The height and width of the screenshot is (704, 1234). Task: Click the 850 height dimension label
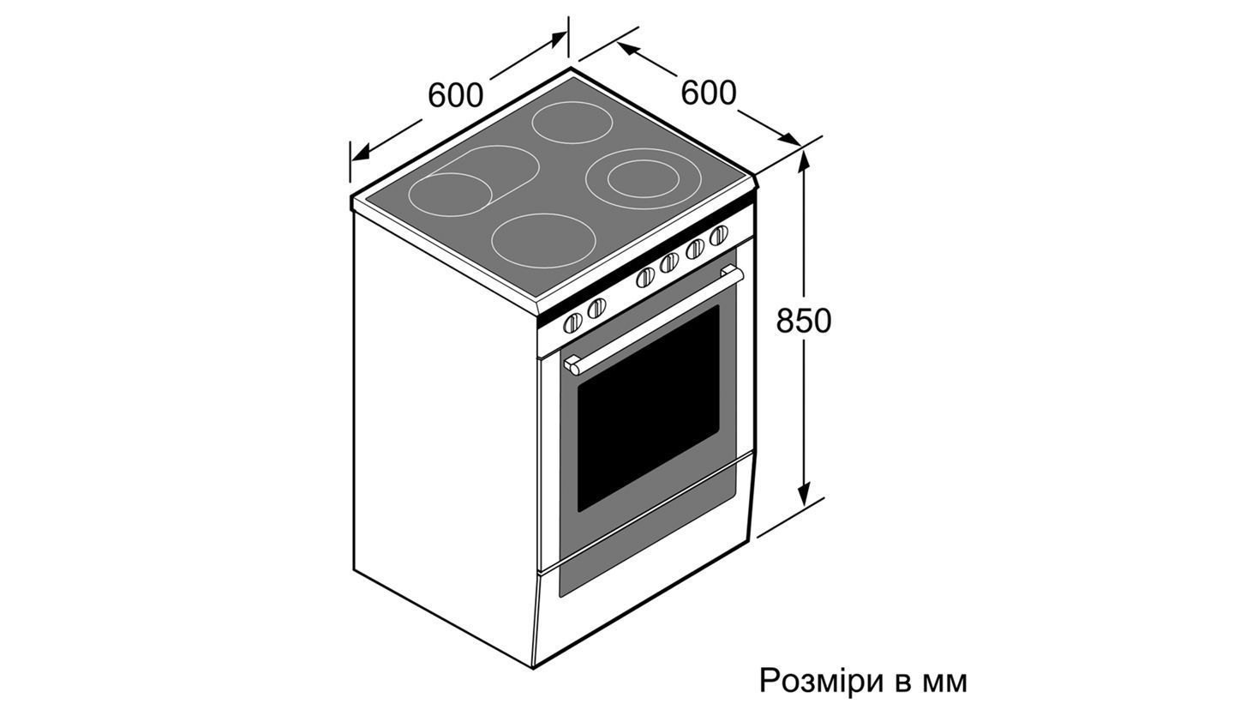click(803, 321)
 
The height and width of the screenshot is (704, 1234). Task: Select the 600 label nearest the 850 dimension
click(709, 93)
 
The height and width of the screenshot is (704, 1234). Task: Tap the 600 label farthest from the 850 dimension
click(456, 95)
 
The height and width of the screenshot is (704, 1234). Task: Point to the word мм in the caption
click(945, 683)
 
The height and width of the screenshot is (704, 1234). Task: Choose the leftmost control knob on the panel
click(573, 322)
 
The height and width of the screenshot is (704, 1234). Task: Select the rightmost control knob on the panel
click(718, 236)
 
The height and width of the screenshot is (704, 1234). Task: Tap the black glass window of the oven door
click(649, 408)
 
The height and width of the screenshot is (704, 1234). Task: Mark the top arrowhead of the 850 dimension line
click(804, 159)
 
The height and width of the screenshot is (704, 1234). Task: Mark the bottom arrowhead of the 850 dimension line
click(804, 493)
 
